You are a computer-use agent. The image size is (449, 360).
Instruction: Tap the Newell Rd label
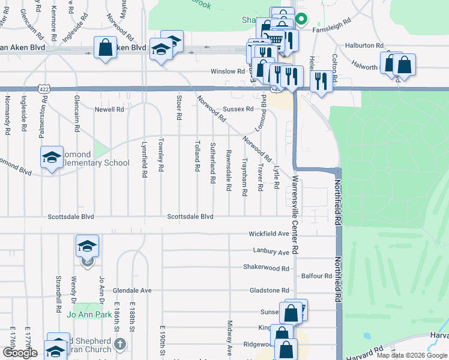[109, 110]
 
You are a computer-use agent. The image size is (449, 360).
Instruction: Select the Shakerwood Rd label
[266, 267]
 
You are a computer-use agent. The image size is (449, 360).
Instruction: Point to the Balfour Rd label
[317, 276]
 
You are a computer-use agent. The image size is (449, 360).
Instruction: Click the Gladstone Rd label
[269, 290]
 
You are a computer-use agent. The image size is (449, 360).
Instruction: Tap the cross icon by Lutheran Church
[120, 344]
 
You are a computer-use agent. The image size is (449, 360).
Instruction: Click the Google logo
[20, 353]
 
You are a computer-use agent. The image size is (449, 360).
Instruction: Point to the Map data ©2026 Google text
[411, 355]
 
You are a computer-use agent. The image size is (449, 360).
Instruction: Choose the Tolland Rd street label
[197, 156]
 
